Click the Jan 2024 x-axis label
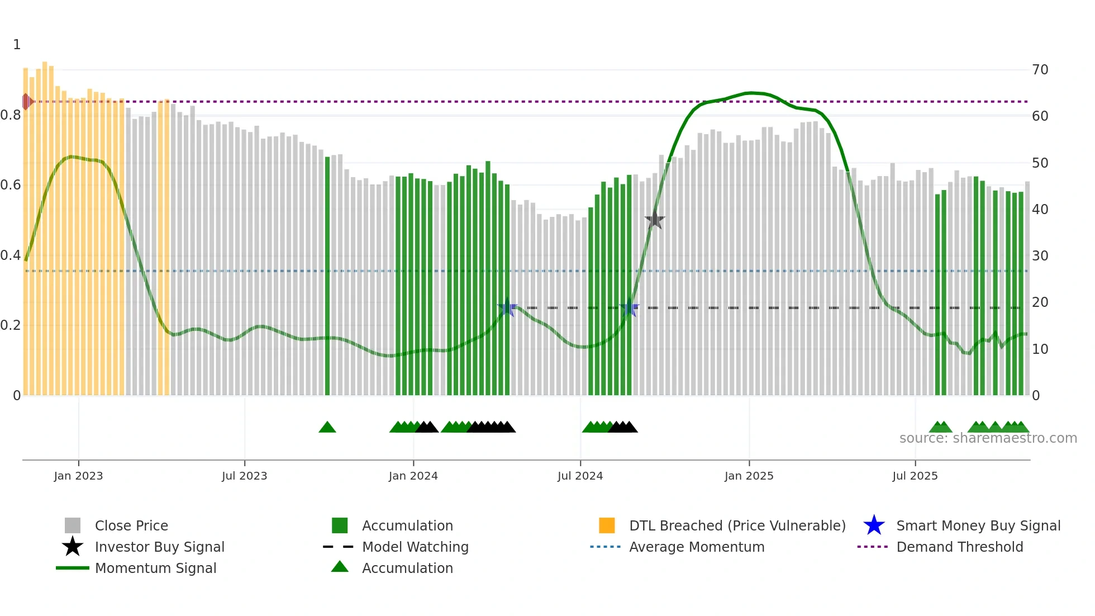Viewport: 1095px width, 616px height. click(x=413, y=476)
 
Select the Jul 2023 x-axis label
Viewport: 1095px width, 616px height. click(x=244, y=476)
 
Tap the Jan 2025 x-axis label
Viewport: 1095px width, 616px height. click(x=749, y=476)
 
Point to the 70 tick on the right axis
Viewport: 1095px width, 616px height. click(x=1040, y=70)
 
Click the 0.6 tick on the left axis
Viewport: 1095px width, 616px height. click(x=11, y=185)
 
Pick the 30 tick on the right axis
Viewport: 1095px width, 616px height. click(x=1040, y=256)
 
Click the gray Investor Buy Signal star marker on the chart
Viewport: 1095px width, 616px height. click(x=654, y=220)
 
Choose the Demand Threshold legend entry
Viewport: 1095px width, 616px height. click(x=959, y=547)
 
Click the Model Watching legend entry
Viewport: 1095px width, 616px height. click(x=415, y=547)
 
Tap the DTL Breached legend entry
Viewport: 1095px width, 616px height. click(x=737, y=526)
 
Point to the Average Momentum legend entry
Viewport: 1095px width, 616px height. click(x=696, y=547)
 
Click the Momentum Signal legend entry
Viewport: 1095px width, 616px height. click(x=155, y=568)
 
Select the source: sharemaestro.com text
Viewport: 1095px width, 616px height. click(x=988, y=438)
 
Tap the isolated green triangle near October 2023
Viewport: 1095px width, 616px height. click(x=327, y=428)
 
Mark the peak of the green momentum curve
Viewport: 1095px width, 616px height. click(x=751, y=93)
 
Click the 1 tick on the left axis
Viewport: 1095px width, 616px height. click(x=17, y=45)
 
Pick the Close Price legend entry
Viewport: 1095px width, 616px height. click(x=131, y=526)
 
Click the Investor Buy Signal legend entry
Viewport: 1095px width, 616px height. click(x=159, y=547)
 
